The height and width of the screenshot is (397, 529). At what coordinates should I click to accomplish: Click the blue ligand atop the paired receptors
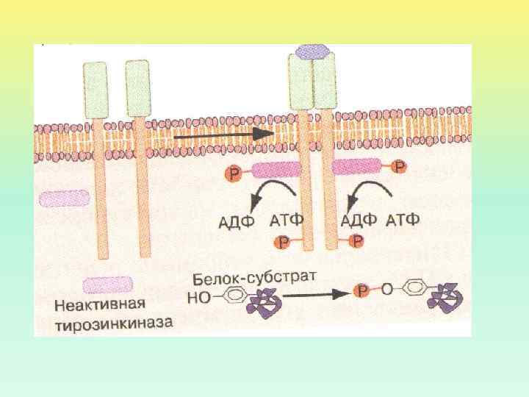click(312, 51)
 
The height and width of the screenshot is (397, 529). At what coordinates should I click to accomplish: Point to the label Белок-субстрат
click(254, 279)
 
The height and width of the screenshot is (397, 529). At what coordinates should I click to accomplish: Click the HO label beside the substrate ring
click(200, 297)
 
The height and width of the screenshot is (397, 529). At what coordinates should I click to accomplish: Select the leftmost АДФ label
click(238, 220)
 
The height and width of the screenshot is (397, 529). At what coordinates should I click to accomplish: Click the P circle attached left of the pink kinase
click(234, 173)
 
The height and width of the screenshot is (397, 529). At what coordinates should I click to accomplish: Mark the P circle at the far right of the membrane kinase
click(398, 167)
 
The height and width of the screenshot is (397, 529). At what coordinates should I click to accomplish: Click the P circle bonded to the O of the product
click(363, 291)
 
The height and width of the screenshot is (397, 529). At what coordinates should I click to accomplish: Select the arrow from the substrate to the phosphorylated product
click(312, 294)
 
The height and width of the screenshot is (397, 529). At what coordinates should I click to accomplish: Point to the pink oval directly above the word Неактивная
click(108, 285)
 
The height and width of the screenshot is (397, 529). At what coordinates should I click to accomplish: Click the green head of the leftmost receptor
click(96, 86)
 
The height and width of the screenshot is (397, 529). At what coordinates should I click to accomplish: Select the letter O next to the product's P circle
click(388, 288)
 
